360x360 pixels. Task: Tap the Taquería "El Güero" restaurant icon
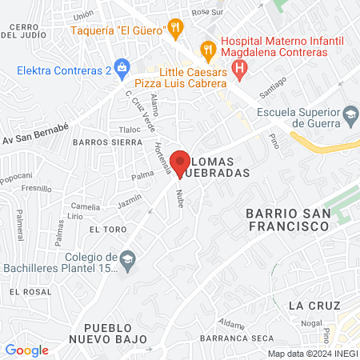tap(176, 30)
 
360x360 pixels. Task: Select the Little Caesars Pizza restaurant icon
tap(209, 50)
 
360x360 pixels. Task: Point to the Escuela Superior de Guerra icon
tap(350, 117)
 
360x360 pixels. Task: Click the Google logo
tap(26, 350)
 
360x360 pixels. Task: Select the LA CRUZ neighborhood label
tap(314, 306)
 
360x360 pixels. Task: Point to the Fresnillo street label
tap(36, 189)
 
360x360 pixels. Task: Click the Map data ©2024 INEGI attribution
tap(312, 354)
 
